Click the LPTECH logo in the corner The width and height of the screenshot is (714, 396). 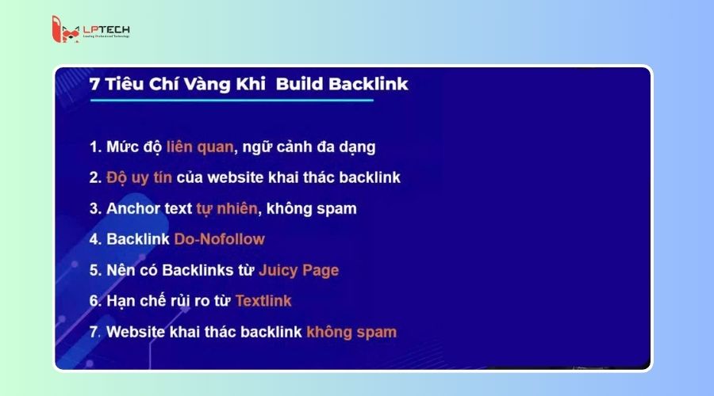pos(90,30)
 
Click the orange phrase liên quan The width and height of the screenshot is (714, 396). pos(200,147)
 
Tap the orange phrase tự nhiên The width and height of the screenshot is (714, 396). pos(227,208)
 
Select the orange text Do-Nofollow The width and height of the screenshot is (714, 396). pos(219,239)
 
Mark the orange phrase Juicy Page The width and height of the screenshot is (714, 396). pos(298,270)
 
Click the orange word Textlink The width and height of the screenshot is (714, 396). pos(263,301)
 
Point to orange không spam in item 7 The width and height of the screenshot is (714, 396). pos(351,332)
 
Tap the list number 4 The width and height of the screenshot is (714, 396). pos(94,239)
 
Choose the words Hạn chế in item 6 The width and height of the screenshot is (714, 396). pos(136,301)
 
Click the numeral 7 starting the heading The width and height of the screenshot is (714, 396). pos(95,83)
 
